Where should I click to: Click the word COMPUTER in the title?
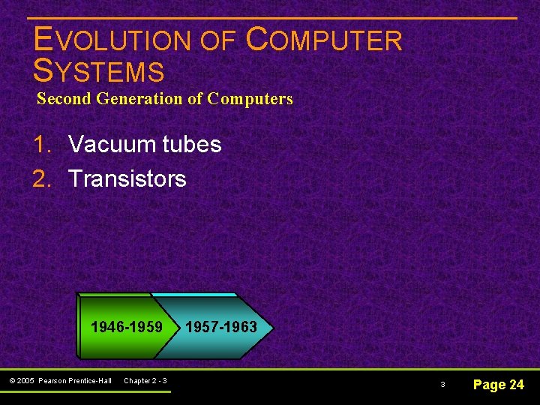coord(324,40)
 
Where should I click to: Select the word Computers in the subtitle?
coord(250,98)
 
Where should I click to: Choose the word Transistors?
coord(127,179)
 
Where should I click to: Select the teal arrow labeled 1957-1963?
coord(221,327)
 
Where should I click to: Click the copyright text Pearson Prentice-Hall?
coord(75,381)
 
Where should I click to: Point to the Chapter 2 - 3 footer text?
coord(145,381)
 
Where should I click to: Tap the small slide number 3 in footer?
coord(442,385)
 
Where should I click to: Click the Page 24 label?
coord(498,385)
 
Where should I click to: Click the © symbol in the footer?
coord(13,381)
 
